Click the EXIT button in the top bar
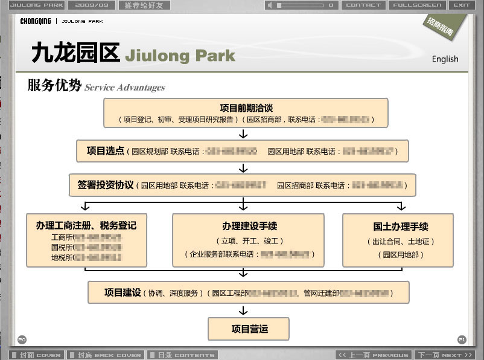(x=462, y=5)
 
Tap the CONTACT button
(x=363, y=5)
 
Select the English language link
(x=445, y=59)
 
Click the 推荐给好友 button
(x=144, y=5)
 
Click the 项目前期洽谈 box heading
(x=246, y=108)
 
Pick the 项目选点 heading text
(x=106, y=150)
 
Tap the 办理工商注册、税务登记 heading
(x=86, y=226)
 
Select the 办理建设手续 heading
(x=249, y=227)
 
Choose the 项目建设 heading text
(x=123, y=292)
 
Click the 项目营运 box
(x=249, y=329)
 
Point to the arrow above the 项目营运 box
(x=243, y=310)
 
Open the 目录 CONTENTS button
(x=182, y=355)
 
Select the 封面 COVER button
(x=36, y=355)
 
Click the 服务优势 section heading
(x=54, y=86)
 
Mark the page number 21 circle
(x=462, y=339)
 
